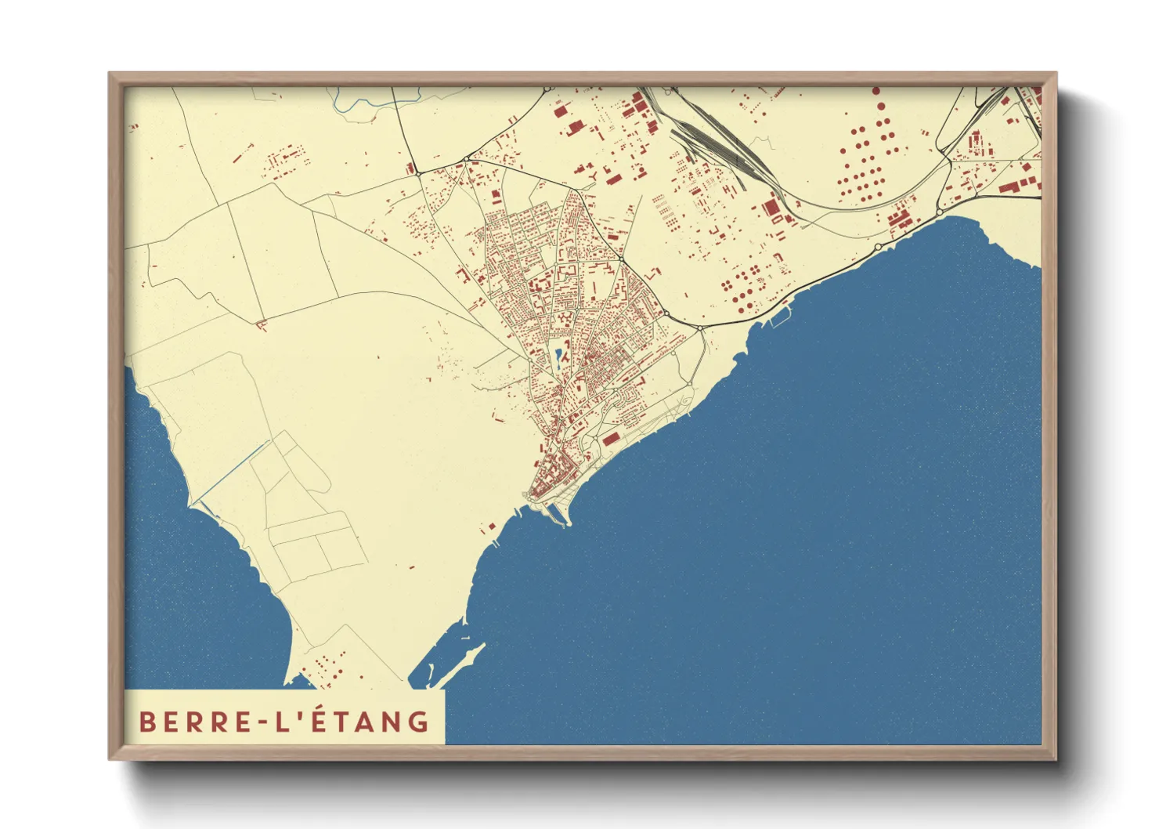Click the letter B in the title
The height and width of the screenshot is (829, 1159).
click(x=146, y=722)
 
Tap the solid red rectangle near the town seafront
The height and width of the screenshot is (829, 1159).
click(x=611, y=440)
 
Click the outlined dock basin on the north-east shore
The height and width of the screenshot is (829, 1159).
click(x=778, y=317)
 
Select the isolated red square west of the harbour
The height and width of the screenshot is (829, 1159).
click(x=492, y=527)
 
